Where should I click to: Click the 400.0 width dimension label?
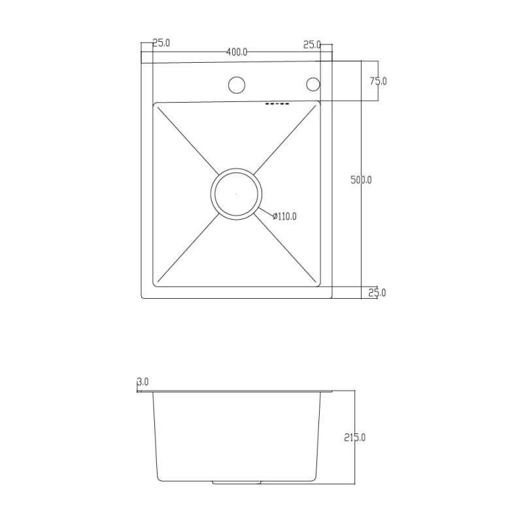(x=237, y=52)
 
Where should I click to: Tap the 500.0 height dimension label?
(x=361, y=180)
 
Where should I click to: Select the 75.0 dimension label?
(x=379, y=81)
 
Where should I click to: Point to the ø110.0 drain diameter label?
(x=284, y=216)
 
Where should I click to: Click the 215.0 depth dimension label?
(x=355, y=437)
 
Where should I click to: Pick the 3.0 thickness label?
(x=143, y=382)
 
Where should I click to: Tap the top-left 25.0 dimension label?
(x=161, y=43)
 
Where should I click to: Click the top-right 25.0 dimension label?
(x=312, y=44)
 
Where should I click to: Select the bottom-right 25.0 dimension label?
(x=377, y=292)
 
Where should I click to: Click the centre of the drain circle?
(x=236, y=194)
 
